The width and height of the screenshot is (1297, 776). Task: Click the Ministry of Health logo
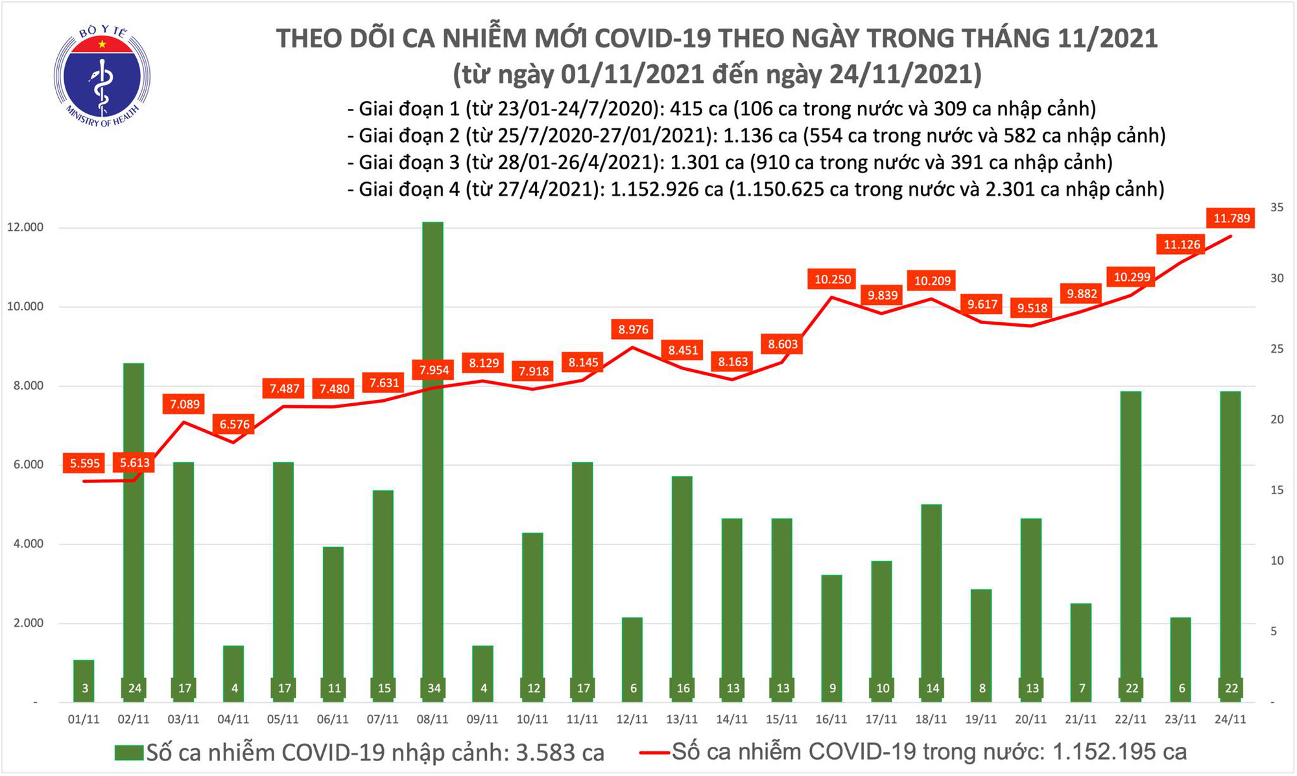pyautogui.click(x=102, y=76)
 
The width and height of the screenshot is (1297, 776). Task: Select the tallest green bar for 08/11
pyautogui.click(x=433, y=454)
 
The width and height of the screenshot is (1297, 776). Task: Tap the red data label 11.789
pyautogui.click(x=1231, y=218)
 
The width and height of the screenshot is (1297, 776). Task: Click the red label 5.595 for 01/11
pyautogui.click(x=85, y=463)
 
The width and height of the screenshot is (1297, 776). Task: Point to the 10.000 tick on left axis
pyautogui.click(x=25, y=307)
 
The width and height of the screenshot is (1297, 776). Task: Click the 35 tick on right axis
pyautogui.click(x=1277, y=207)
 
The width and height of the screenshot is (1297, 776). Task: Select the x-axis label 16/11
pyautogui.click(x=832, y=720)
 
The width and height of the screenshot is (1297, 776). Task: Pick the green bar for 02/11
pyautogui.click(x=134, y=519)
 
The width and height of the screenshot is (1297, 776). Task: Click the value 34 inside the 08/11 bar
pyautogui.click(x=434, y=688)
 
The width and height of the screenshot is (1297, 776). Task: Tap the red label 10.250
pyautogui.click(x=832, y=279)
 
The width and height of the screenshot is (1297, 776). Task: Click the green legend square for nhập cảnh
pyautogui.click(x=129, y=753)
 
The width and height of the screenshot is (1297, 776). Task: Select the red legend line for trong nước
pyautogui.click(x=654, y=753)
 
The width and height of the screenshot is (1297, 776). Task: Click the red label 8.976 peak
pyautogui.click(x=633, y=329)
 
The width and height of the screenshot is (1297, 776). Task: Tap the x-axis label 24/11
pyautogui.click(x=1230, y=720)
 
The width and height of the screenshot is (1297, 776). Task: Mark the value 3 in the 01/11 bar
pyautogui.click(x=85, y=688)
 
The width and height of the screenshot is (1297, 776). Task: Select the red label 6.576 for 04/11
pyautogui.click(x=234, y=425)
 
